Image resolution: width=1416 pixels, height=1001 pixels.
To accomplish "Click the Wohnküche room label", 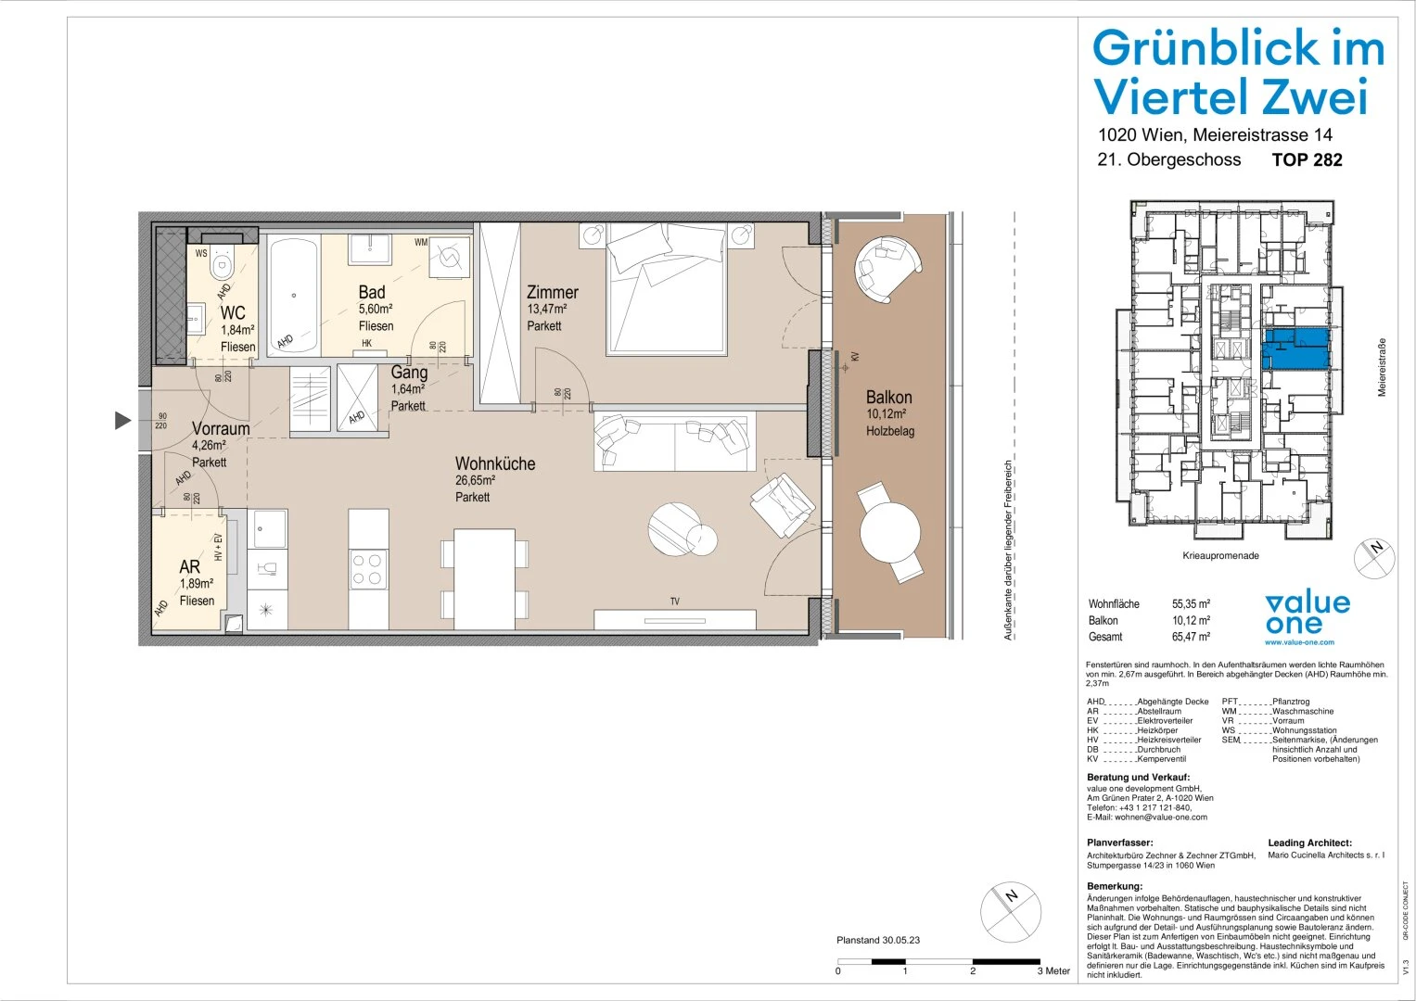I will click(494, 463).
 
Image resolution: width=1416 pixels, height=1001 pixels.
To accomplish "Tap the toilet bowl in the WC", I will click(222, 266).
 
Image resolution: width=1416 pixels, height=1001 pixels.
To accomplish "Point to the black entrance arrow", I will click(122, 421).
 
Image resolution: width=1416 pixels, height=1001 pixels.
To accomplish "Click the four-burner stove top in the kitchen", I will click(368, 569).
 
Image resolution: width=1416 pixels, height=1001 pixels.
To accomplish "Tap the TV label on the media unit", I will click(674, 602).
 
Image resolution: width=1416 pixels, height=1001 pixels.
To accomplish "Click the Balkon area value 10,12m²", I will click(886, 414).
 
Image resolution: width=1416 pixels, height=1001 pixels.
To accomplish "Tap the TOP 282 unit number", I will click(1307, 159).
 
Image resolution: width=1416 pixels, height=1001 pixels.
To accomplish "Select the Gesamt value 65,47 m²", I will click(1191, 637).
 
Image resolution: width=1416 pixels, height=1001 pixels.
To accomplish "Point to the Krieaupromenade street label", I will click(1220, 556).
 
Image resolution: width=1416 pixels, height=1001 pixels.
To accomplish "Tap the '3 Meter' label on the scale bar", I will click(1053, 970).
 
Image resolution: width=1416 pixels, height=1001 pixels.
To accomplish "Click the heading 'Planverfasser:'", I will click(1119, 843).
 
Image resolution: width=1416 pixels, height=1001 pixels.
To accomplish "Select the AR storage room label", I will click(189, 566).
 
